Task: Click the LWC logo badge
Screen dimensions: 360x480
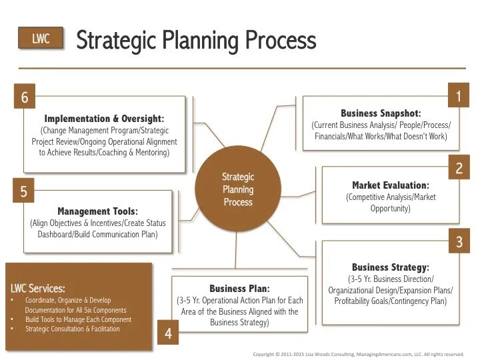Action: click(41, 39)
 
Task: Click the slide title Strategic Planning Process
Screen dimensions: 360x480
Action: click(196, 40)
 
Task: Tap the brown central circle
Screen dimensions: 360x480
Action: click(238, 189)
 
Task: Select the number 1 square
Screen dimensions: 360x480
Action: click(458, 97)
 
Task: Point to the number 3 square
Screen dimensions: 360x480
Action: click(458, 241)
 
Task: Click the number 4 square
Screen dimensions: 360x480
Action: click(168, 333)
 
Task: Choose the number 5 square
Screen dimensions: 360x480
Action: click(24, 192)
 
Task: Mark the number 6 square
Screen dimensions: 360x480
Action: click(24, 97)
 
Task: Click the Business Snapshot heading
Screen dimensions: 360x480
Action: click(381, 113)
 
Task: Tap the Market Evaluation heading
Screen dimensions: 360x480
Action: click(390, 185)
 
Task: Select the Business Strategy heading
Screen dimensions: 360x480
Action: click(390, 267)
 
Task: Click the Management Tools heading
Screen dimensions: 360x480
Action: click(97, 211)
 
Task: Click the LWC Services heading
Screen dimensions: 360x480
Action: click(38, 289)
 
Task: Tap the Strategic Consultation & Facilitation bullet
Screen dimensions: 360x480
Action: click(73, 329)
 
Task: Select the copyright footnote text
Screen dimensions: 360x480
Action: click(358, 354)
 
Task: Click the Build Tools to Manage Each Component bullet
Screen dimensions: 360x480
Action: click(78, 319)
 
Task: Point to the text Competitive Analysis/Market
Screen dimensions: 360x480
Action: click(390, 197)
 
